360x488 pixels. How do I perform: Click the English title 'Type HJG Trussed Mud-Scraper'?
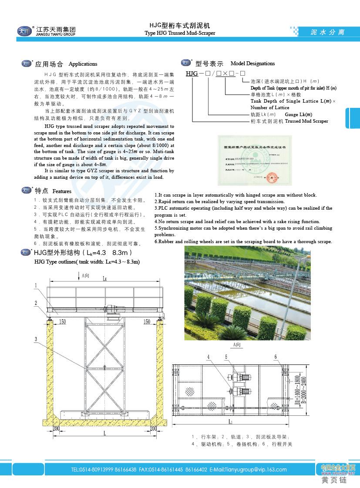[x=180, y=33]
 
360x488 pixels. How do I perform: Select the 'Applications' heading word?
[x=83, y=64]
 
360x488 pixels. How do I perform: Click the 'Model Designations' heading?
[x=252, y=64]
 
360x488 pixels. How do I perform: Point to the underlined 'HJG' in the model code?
[x=192, y=73]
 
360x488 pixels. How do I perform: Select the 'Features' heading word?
[x=62, y=191]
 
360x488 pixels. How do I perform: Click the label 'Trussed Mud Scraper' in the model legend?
[x=306, y=121]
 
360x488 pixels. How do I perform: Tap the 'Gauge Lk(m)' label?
[x=298, y=114]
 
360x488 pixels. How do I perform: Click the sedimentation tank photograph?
[x=247, y=293]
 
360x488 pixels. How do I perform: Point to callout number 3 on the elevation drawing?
[x=35, y=338]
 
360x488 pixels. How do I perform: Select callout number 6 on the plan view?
[x=276, y=357]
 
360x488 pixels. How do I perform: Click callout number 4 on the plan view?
[x=209, y=357]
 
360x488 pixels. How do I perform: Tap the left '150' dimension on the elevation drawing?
[x=63, y=322]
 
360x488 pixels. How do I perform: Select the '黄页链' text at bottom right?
[x=334, y=480]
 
